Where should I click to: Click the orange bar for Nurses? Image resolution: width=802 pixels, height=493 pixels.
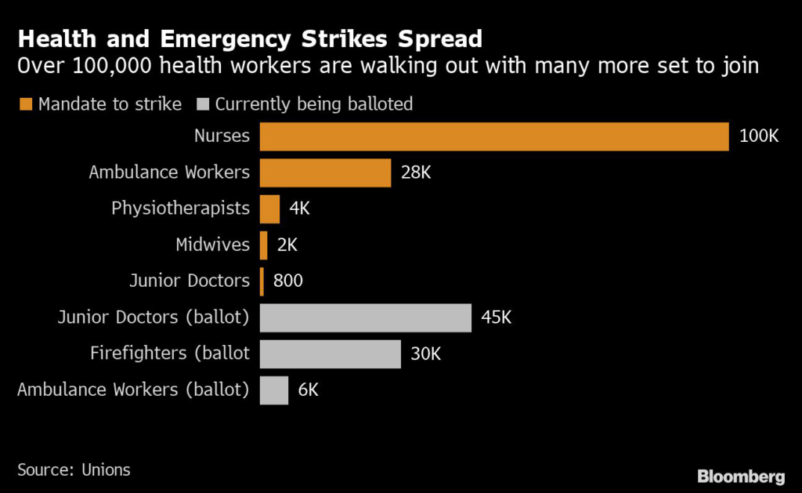coord(494,136)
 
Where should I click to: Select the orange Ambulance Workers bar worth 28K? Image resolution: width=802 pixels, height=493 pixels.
coord(325,172)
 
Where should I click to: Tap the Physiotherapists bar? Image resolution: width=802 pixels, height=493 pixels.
coord(269,208)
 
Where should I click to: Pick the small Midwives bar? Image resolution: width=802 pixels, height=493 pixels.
coord(264,245)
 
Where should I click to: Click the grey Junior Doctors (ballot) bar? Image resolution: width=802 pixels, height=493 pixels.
coord(366,317)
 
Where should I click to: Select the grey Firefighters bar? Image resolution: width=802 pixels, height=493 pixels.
coord(330,353)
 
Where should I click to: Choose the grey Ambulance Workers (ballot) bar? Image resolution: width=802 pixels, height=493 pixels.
coord(274,390)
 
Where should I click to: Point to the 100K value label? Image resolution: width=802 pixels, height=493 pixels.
coord(759,136)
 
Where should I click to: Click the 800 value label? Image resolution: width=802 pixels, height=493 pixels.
coord(288,281)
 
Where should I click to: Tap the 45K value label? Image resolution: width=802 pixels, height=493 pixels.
coord(497,317)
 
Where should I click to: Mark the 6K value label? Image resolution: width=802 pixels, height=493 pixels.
coord(309,390)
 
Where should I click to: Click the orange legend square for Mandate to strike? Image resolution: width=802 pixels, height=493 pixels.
coord(25,104)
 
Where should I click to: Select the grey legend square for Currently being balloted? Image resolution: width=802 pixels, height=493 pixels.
coord(203,104)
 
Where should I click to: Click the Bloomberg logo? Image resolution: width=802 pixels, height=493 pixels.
coord(740,476)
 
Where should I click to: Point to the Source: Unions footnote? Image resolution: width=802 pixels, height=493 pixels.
coord(74,469)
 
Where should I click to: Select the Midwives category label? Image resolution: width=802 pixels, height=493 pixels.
coord(212,245)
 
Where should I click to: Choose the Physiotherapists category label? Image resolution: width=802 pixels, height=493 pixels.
coord(180,208)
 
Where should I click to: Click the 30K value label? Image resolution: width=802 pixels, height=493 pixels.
coord(426,353)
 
